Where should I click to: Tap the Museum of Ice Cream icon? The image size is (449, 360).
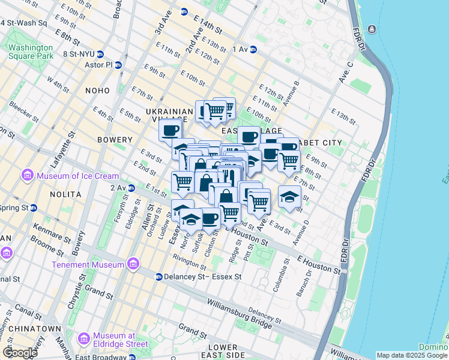(x=26, y=175)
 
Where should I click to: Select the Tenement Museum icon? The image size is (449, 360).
(x=133, y=264)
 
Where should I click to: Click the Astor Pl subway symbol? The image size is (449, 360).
(x=118, y=65)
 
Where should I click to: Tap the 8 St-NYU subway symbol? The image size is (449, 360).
(x=101, y=54)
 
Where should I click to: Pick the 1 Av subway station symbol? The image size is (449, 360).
(x=253, y=49)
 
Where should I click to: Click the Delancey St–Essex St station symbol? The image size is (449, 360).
(x=158, y=277)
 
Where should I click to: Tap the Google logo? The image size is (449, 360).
(x=19, y=352)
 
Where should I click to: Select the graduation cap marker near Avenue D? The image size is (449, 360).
(x=289, y=197)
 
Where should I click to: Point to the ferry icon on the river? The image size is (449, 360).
(x=372, y=29)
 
